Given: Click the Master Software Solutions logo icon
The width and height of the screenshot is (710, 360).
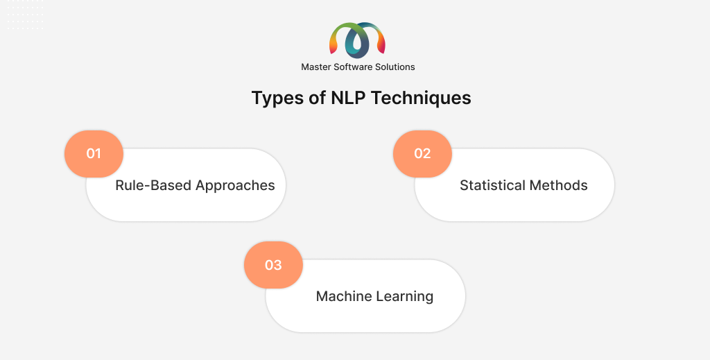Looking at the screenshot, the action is click(357, 40).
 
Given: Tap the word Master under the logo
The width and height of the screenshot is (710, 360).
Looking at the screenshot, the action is click(316, 67).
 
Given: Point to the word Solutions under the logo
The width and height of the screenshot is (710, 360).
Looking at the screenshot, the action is click(395, 67).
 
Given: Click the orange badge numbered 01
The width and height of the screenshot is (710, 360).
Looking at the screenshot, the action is click(94, 153).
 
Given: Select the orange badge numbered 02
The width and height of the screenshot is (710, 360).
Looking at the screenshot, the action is click(422, 153).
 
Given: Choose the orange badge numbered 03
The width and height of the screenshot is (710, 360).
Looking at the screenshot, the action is click(273, 265).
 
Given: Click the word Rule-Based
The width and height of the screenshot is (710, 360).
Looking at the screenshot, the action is click(153, 185).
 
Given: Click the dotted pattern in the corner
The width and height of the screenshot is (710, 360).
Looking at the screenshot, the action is click(26, 15).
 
